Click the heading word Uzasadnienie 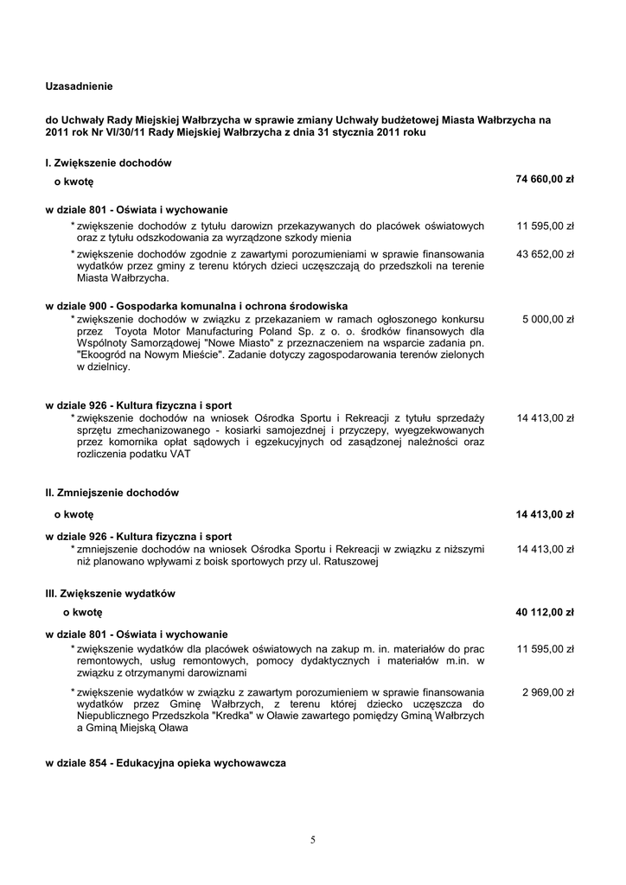point(79,86)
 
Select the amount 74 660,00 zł point(545,179)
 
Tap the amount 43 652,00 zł point(546,254)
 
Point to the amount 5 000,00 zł point(548,319)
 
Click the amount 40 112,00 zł point(545,612)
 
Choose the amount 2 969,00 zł point(548,692)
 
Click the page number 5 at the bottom point(313,839)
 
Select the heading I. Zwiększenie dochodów point(108,162)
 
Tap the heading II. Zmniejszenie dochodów point(112,493)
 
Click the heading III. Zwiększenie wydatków point(111,594)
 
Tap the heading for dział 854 point(165,764)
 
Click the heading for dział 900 point(196,306)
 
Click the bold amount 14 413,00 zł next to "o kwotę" point(545,514)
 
